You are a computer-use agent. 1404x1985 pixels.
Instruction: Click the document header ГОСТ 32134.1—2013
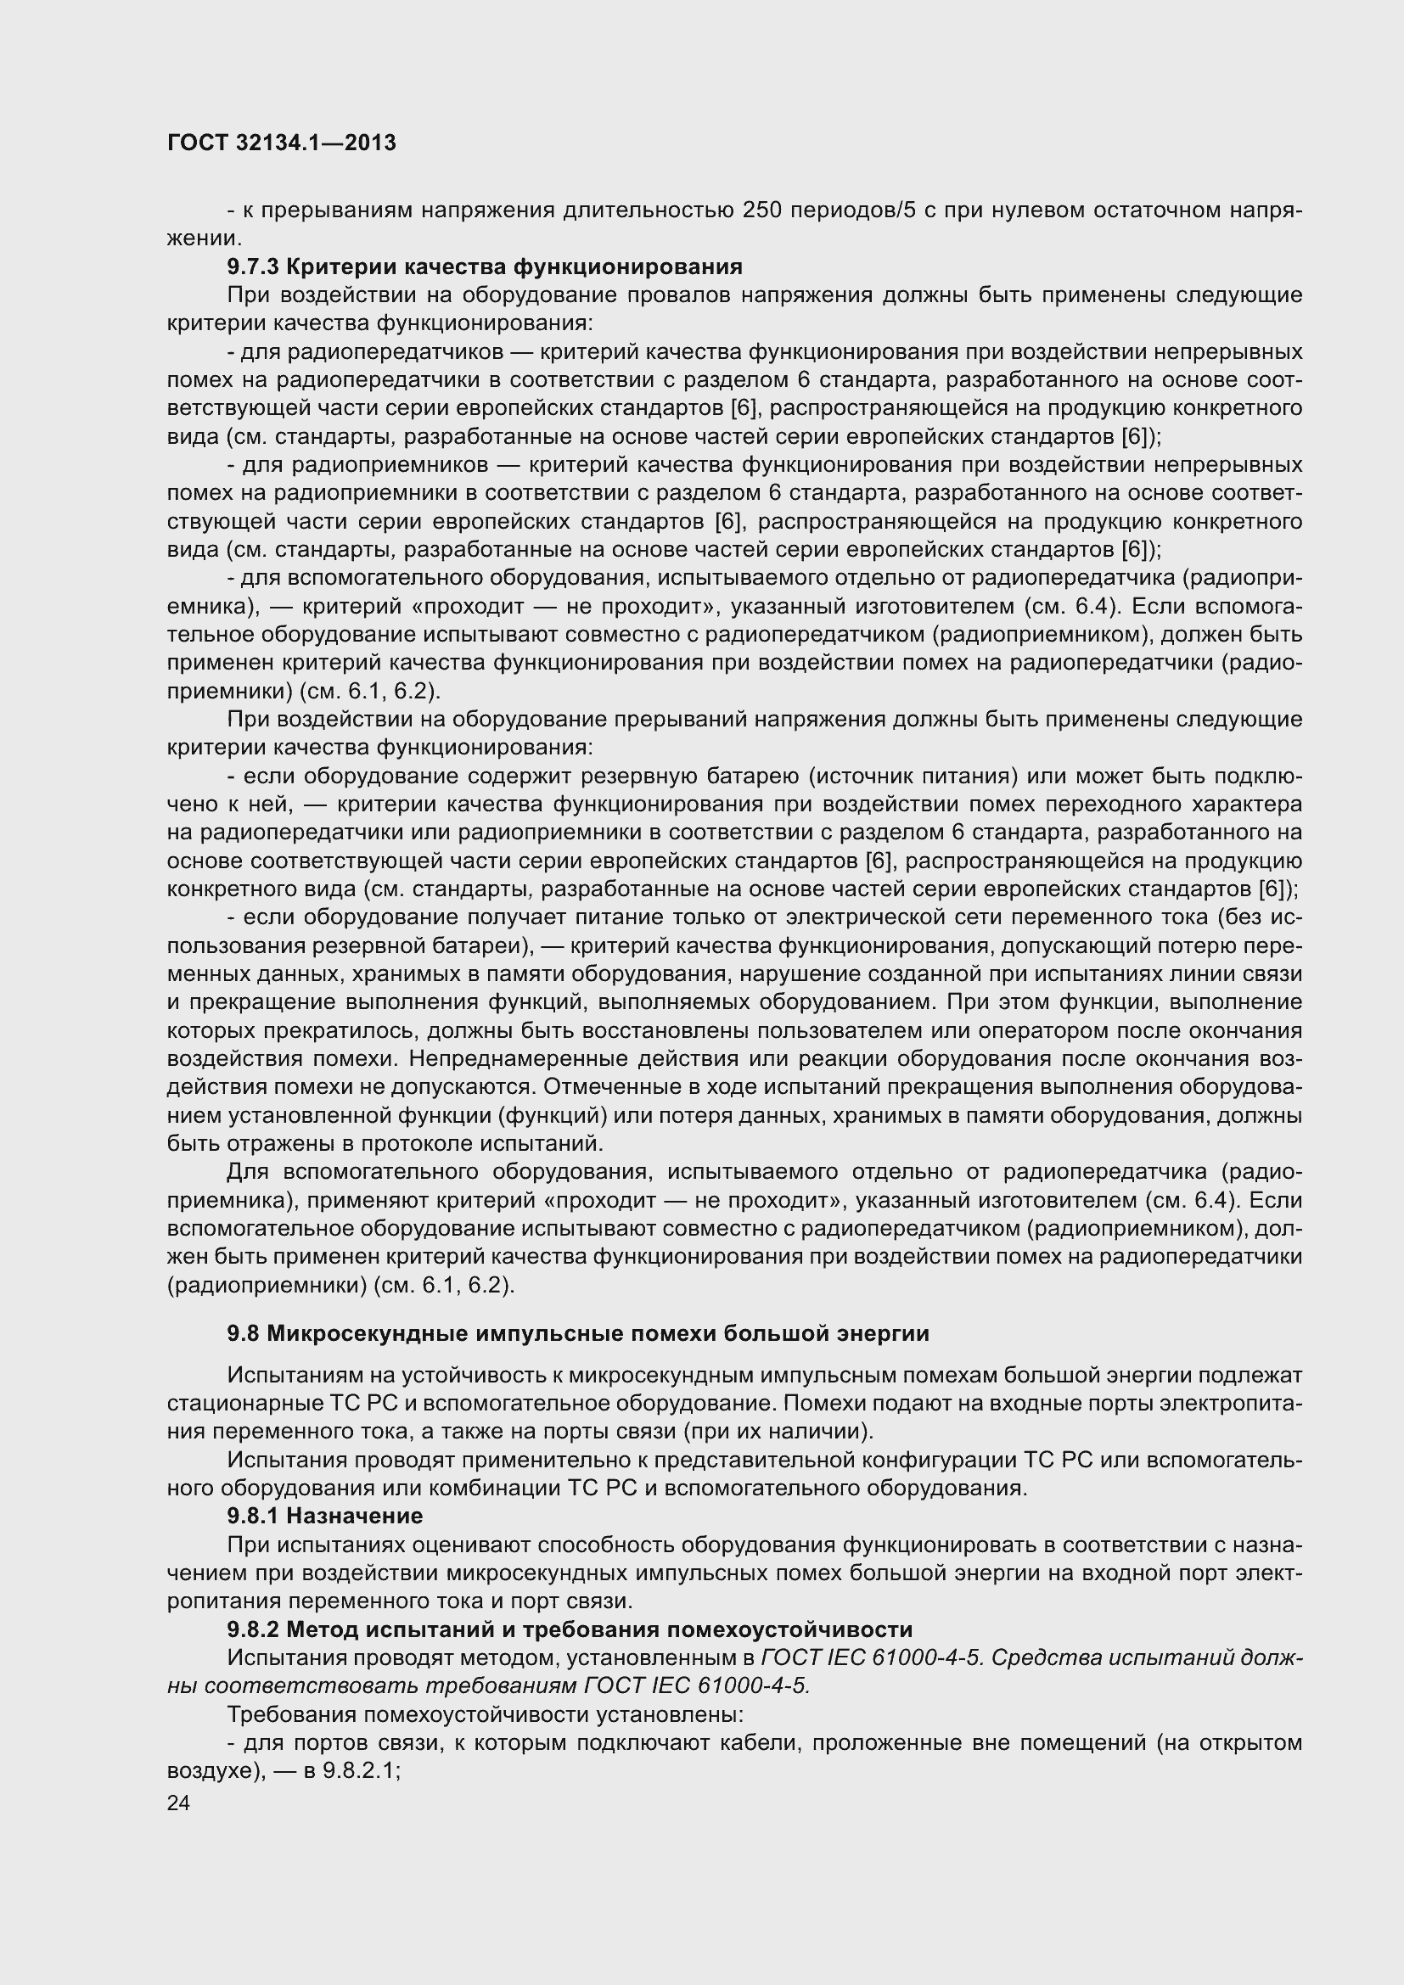(x=281, y=143)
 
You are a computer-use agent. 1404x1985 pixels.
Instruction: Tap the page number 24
(x=179, y=1803)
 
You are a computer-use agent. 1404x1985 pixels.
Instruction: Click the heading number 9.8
(x=243, y=1333)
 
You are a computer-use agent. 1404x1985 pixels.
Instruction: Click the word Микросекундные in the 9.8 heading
(x=367, y=1333)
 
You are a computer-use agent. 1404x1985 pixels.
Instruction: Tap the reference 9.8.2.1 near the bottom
(x=360, y=1769)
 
